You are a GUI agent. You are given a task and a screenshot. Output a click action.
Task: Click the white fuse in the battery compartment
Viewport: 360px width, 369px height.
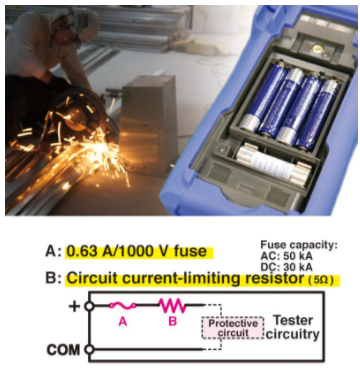coord(273,163)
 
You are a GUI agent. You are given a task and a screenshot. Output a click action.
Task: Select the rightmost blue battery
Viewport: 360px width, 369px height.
coord(317,114)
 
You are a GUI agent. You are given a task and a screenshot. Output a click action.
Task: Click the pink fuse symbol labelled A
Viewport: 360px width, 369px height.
coord(123,305)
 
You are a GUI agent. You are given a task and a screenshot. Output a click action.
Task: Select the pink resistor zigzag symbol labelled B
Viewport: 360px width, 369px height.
coord(172,305)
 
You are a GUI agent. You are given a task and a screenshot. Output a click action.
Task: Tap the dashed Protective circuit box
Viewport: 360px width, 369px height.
coord(233,328)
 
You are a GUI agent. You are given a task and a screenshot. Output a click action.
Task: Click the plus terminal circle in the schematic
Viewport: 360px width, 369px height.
coord(89,305)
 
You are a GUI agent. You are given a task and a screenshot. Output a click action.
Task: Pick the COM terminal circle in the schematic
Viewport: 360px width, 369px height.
coord(89,349)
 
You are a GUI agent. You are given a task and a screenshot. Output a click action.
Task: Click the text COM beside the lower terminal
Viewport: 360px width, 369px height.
coord(63,350)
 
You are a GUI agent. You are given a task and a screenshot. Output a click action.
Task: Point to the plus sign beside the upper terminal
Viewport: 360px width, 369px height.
coord(75,306)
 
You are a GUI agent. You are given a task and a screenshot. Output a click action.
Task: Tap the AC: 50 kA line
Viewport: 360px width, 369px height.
coord(287,257)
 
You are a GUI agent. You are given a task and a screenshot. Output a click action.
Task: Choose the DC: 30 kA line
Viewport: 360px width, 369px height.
coord(287,268)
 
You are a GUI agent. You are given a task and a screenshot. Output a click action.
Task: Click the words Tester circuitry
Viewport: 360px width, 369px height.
coord(292,327)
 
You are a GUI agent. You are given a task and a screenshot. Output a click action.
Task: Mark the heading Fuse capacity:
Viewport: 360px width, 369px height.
coord(299,245)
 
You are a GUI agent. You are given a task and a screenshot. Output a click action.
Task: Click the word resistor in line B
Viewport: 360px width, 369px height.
coord(269,279)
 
